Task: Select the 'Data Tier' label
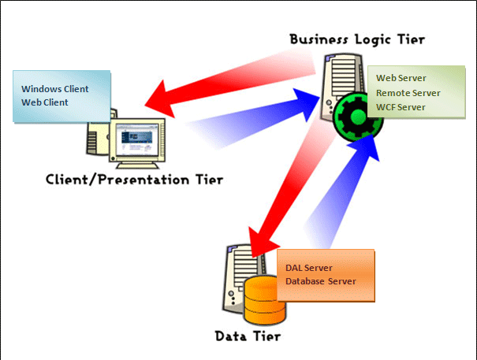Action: [x=248, y=336]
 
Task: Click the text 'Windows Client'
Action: [x=54, y=88]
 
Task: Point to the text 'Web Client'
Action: [x=46, y=102]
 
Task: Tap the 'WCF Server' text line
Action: [x=401, y=106]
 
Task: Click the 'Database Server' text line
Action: [x=321, y=281]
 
